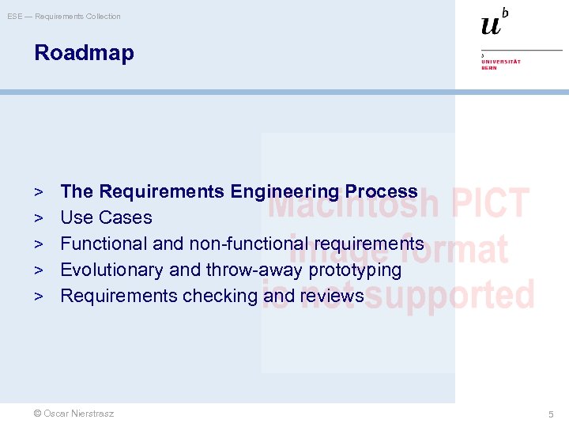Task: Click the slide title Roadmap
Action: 84,53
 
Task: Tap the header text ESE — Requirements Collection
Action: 64,17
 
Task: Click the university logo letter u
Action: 491,25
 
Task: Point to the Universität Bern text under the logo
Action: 501,64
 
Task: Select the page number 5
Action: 552,414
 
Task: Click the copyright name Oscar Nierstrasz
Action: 73,414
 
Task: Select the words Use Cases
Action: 106,217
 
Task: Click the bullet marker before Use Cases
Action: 38,217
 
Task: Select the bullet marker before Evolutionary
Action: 38,270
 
